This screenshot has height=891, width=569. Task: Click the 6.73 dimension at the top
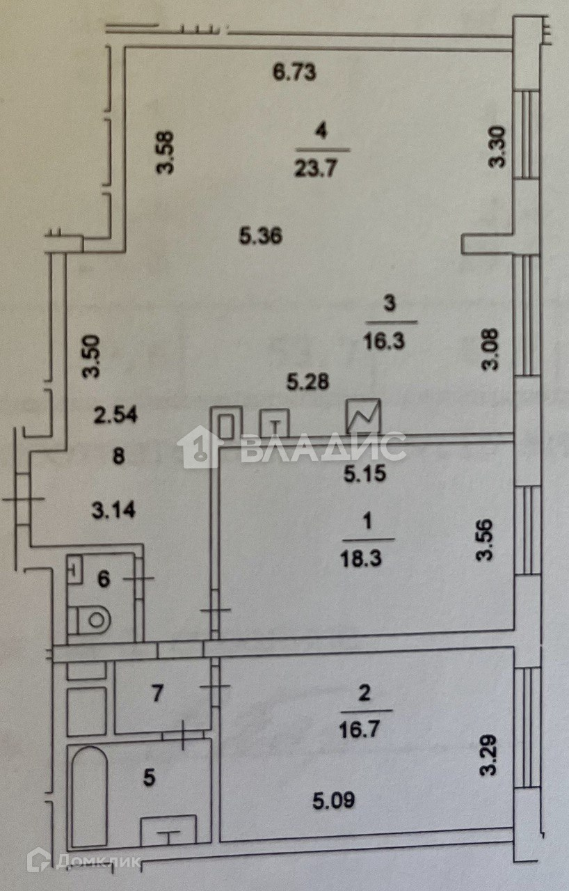pos(294,72)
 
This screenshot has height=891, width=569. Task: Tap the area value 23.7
pos(322,169)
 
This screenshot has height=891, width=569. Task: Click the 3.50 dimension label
pos(92,356)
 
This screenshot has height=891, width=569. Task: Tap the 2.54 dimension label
pos(115,416)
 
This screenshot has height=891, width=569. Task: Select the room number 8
pos(118,457)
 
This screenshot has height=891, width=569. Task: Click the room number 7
pos(157,693)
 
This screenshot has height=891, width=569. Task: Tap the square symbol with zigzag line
pos(364,416)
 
